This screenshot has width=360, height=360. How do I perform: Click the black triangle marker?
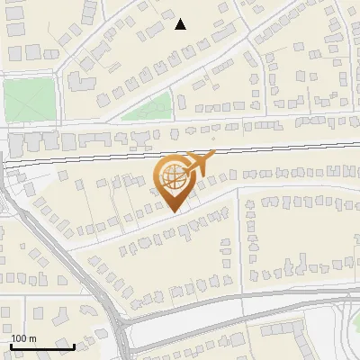181,24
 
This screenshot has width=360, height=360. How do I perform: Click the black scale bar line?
42,346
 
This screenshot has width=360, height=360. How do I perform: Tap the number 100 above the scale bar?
20,338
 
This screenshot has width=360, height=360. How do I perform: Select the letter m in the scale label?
31,338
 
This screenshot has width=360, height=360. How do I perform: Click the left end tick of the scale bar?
11,345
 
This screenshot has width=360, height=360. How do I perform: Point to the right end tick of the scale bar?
74,345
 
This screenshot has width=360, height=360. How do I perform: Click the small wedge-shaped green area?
149,108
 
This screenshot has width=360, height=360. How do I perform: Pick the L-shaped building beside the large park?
76,82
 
